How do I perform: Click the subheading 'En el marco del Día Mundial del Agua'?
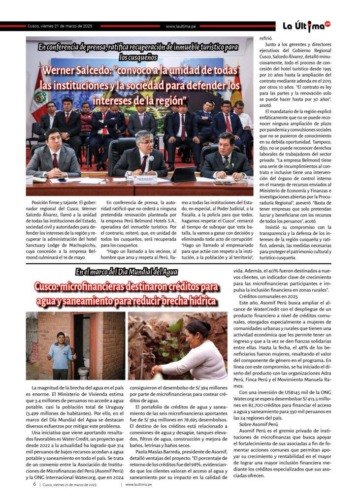[127, 272]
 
